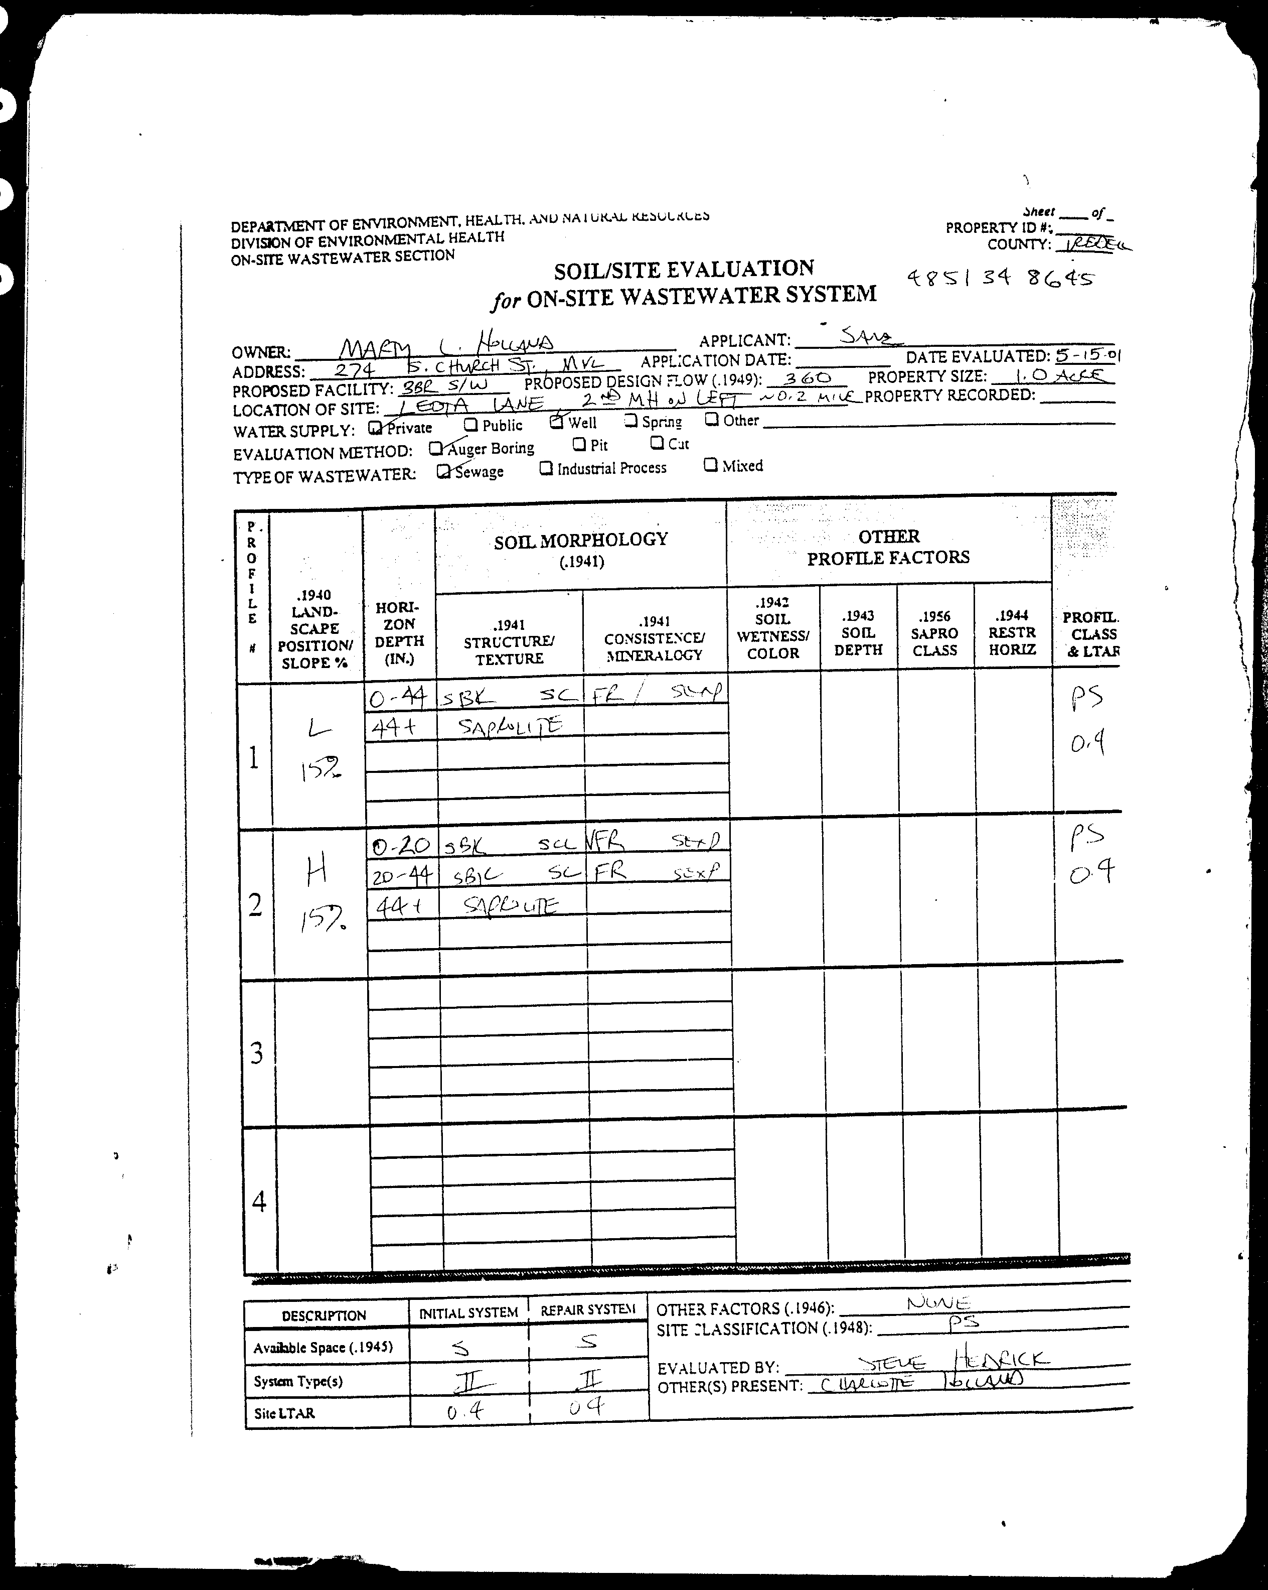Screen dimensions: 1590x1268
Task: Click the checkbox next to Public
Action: coord(470,425)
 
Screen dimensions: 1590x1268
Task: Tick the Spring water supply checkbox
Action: coord(630,421)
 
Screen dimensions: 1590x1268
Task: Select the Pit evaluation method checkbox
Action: coord(579,444)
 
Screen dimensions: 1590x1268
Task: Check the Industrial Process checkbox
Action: coord(546,468)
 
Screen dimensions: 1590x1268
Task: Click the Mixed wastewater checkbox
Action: coord(711,465)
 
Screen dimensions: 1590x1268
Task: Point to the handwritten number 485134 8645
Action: coord(1000,278)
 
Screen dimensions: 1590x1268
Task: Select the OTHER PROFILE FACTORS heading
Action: coord(888,547)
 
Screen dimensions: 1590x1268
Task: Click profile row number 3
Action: coord(256,1052)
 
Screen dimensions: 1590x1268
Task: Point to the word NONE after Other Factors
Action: coord(938,1303)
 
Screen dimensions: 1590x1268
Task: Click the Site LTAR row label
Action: coord(284,1413)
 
